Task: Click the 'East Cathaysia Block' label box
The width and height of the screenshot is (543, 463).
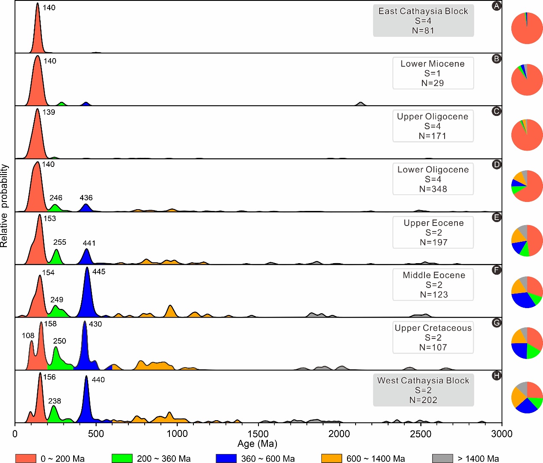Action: [423, 21]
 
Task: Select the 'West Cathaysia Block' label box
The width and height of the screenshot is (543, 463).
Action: [423, 390]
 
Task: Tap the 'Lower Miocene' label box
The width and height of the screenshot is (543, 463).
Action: [433, 73]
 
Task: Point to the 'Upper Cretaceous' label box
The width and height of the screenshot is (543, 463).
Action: [433, 338]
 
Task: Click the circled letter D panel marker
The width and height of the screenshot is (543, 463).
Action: [496, 164]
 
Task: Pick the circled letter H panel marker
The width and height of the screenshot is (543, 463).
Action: [496, 376]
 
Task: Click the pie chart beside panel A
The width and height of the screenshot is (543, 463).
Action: [527, 28]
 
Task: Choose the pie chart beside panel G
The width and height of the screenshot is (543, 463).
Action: [527, 343]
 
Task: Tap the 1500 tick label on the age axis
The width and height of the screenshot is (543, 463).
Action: [258, 434]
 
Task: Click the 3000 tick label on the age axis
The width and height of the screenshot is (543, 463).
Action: [501, 434]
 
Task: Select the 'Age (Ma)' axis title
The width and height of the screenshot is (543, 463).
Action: [257, 444]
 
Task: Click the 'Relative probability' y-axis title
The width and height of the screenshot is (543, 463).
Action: [4, 205]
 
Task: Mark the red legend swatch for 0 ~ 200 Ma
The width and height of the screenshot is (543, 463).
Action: [26, 458]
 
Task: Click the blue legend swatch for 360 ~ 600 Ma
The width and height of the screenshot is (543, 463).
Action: [226, 458]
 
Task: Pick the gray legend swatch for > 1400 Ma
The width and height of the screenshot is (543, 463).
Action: [442, 458]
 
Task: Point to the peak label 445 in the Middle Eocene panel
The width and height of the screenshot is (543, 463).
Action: [99, 272]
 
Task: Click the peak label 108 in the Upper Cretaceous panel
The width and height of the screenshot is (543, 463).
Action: [28, 335]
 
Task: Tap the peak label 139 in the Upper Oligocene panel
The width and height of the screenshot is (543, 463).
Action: [49, 112]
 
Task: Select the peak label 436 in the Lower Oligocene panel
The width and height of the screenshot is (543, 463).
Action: [86, 198]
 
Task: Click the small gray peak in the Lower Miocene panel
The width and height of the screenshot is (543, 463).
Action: [361, 104]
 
